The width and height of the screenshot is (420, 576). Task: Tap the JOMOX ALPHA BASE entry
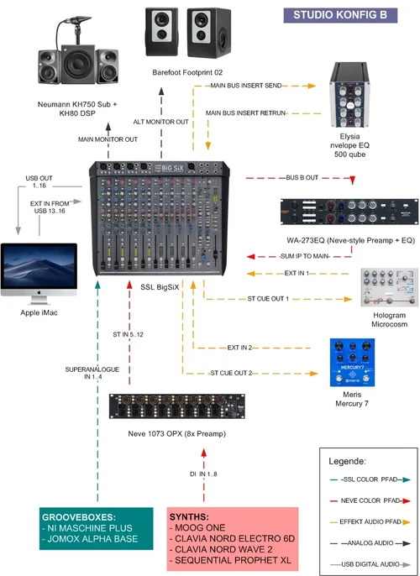(x=92, y=538)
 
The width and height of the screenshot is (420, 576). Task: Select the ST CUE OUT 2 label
(x=231, y=372)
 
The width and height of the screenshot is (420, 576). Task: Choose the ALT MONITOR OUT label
(x=162, y=122)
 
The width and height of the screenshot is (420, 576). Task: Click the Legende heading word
(x=349, y=462)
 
